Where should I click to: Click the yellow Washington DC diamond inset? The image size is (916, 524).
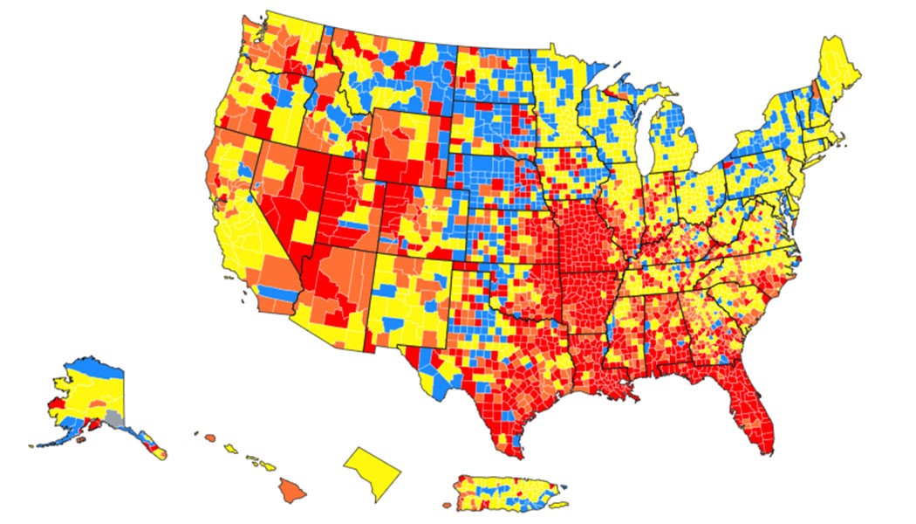pos(373,472)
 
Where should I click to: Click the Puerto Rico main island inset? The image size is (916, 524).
pos(506,493)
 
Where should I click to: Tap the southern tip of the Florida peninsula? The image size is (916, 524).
pos(763,445)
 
